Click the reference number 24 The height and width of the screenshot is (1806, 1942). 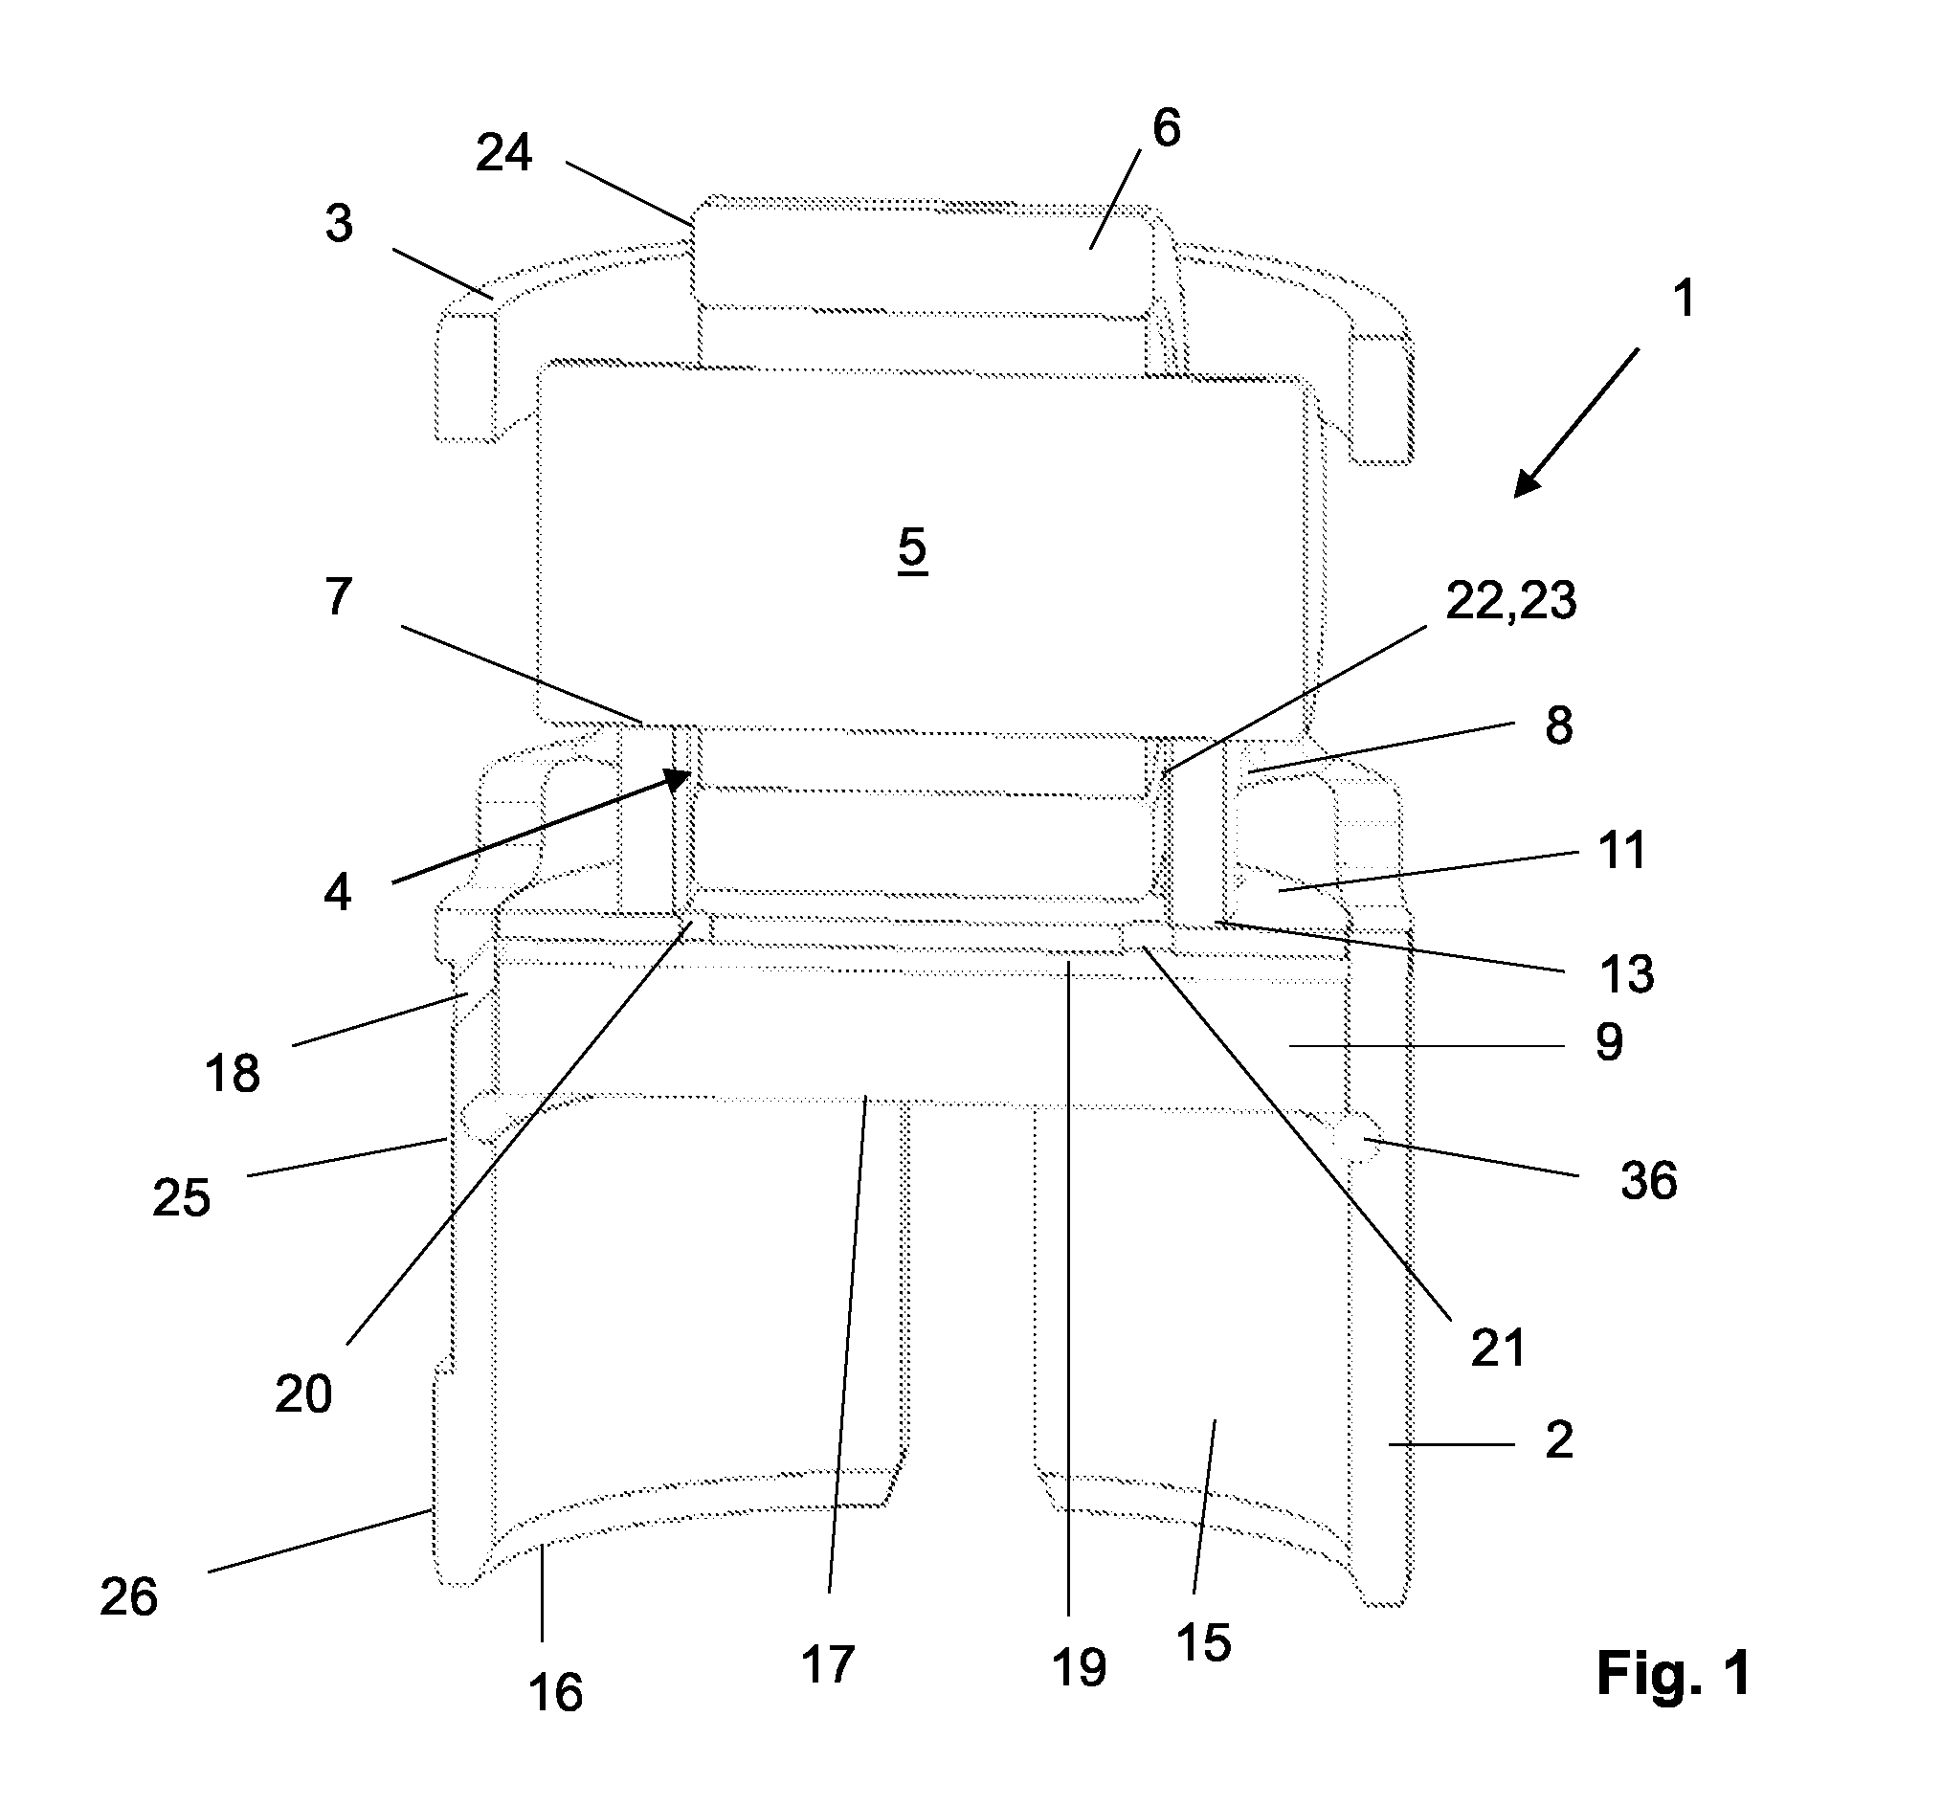click(504, 153)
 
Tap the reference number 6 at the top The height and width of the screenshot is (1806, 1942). click(1167, 128)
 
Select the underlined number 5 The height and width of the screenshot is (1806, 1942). click(912, 549)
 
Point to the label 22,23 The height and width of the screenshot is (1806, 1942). click(1511, 602)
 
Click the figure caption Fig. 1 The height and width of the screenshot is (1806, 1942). click(1673, 1673)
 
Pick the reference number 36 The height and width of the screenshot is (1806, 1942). click(1649, 1181)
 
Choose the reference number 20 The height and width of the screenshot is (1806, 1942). click(303, 1394)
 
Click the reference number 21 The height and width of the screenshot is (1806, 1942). click(1499, 1349)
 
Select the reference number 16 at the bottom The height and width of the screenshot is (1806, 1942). click(556, 1693)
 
